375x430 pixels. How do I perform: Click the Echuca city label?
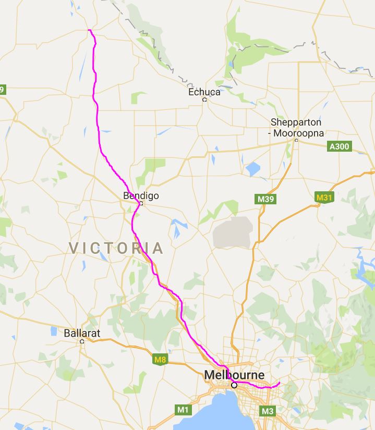pos(204,92)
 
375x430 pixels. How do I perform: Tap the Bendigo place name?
pos(141,196)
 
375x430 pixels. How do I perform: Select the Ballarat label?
pos(82,333)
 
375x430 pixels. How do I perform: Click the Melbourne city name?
pos(234,375)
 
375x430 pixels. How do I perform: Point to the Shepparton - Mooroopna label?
pos(296,128)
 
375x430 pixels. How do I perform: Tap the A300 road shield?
pos(340,146)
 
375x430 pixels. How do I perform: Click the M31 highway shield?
pos(324,198)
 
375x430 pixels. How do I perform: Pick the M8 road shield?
pos(161,359)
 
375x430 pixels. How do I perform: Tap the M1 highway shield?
pos(183,410)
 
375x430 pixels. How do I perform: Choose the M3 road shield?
pos(268,411)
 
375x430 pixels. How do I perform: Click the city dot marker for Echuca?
pos(204,100)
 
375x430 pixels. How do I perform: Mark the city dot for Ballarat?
pos(82,341)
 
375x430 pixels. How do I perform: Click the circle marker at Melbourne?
pos(234,385)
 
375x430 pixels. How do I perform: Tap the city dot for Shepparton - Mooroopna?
pos(296,140)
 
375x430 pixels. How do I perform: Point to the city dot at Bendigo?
pos(141,204)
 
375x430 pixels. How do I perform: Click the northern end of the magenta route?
pos(90,30)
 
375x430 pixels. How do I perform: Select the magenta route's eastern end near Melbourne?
pos(280,384)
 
